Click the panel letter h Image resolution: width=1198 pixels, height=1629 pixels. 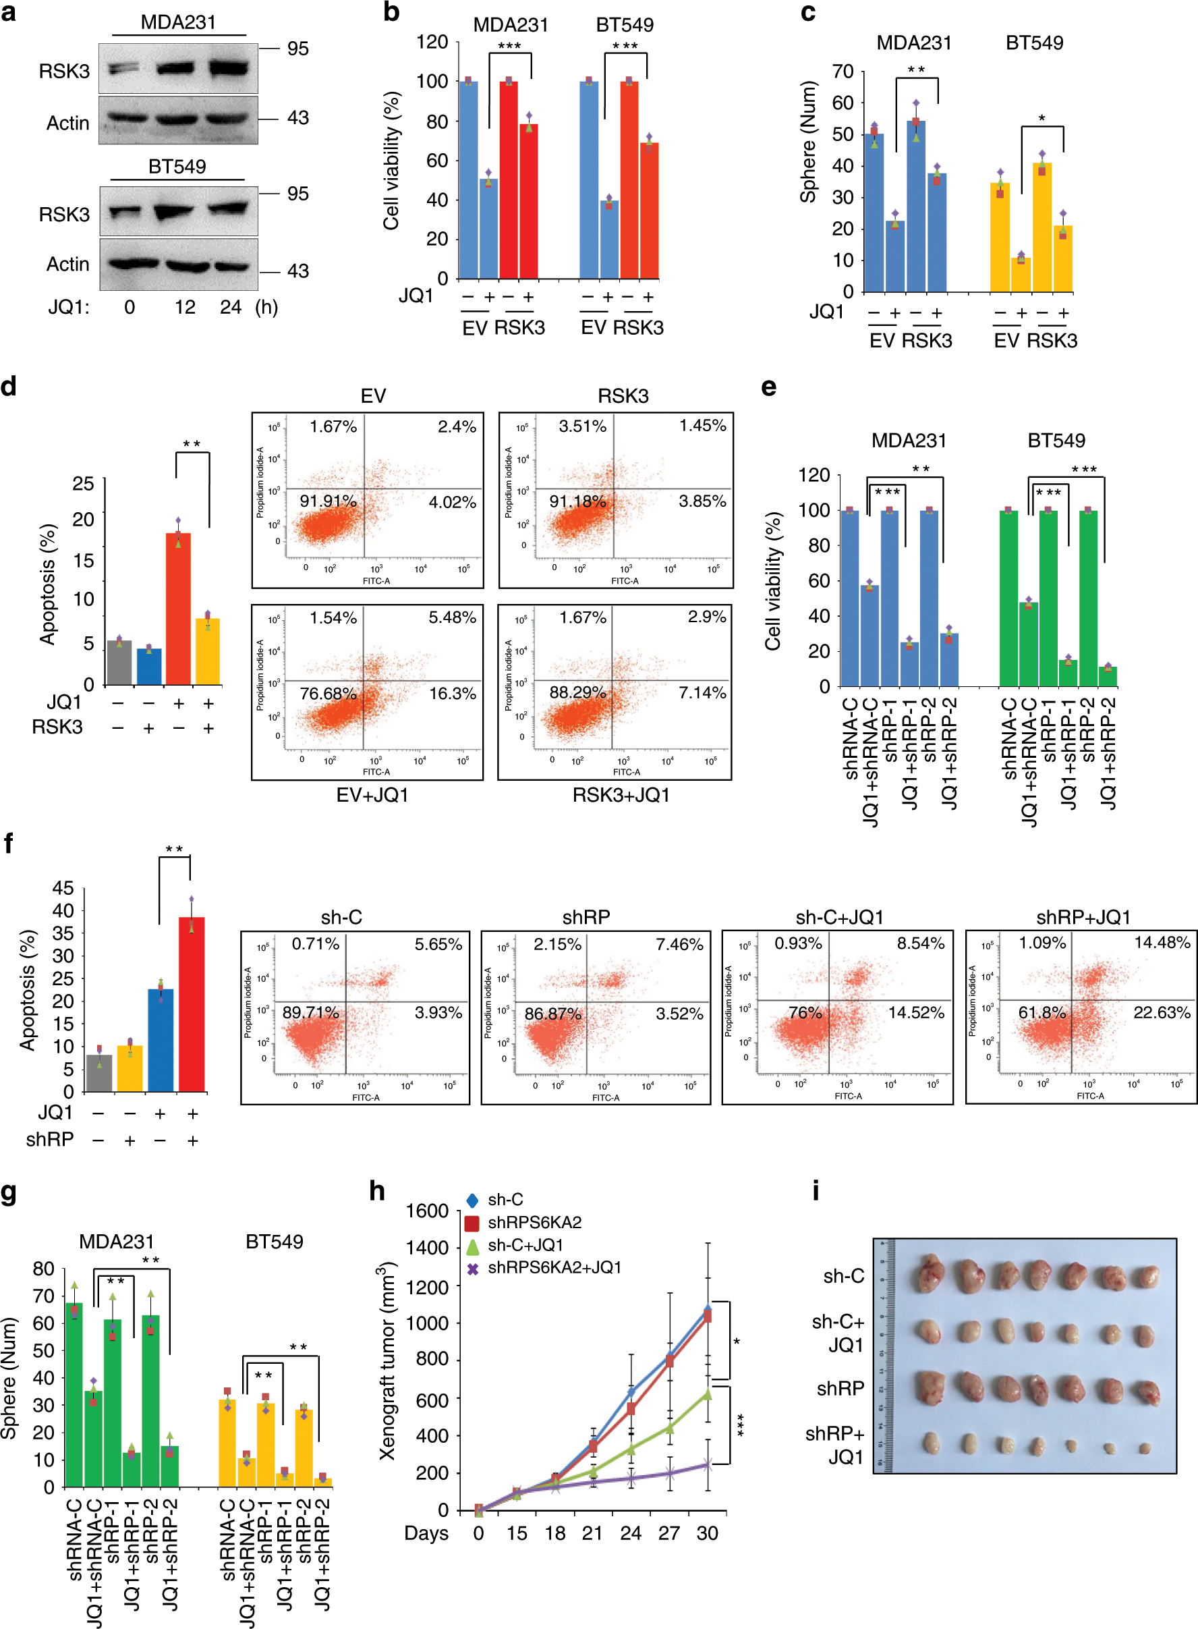click(377, 1192)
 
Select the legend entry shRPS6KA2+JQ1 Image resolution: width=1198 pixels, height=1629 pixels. click(554, 1267)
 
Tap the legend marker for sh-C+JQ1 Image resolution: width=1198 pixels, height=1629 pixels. click(472, 1245)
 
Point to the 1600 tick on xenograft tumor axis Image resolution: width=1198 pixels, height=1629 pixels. click(427, 1211)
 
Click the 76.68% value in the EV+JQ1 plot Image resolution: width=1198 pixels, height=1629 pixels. click(328, 694)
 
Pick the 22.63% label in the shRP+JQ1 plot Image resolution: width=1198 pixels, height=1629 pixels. click(1161, 1012)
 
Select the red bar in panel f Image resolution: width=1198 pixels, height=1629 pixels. click(192, 1004)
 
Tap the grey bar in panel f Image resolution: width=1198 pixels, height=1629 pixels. click(99, 1073)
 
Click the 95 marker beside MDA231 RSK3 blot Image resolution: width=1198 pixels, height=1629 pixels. click(297, 49)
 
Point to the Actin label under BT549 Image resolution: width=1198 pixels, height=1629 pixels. click(67, 264)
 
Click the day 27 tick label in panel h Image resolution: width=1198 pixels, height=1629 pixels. click(668, 1533)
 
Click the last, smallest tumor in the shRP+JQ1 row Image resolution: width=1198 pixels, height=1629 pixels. click(1144, 1448)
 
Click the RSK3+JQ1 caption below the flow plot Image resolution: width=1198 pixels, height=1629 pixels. click(621, 795)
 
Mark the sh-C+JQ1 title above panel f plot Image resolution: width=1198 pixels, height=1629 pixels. click(839, 918)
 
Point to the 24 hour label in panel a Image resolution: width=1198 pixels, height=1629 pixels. click(231, 307)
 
